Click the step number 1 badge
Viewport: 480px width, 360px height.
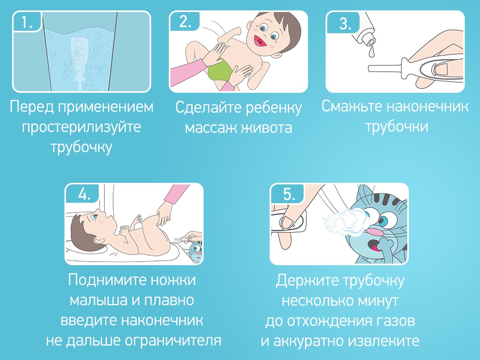[27, 22]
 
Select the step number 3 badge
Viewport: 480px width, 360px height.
[343, 23]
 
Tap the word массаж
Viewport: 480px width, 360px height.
[210, 128]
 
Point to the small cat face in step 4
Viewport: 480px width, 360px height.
[196, 250]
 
